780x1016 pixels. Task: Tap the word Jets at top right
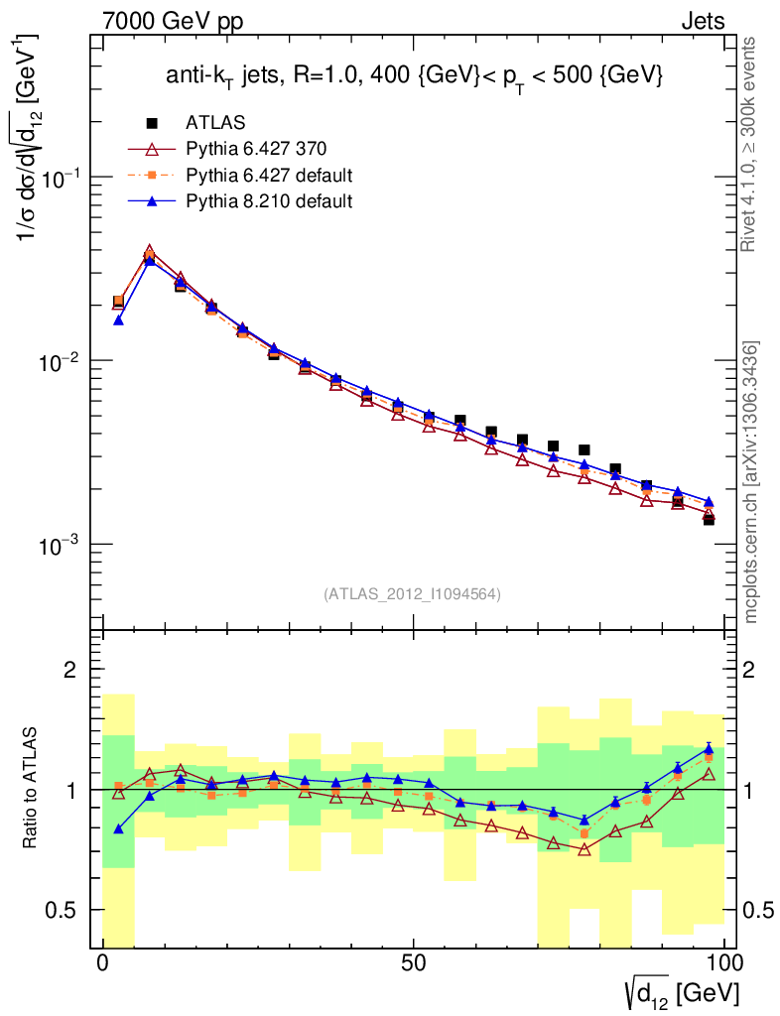point(702,21)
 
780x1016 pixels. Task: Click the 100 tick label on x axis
point(724,963)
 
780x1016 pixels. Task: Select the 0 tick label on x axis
point(103,963)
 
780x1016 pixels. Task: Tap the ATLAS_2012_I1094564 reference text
point(412,594)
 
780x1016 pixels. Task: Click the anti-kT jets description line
point(414,76)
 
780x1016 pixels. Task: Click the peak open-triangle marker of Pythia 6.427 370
point(150,252)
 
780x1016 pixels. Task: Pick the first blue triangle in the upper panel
point(118,319)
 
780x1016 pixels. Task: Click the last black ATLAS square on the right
point(709,519)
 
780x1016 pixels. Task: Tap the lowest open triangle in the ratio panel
point(585,849)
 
